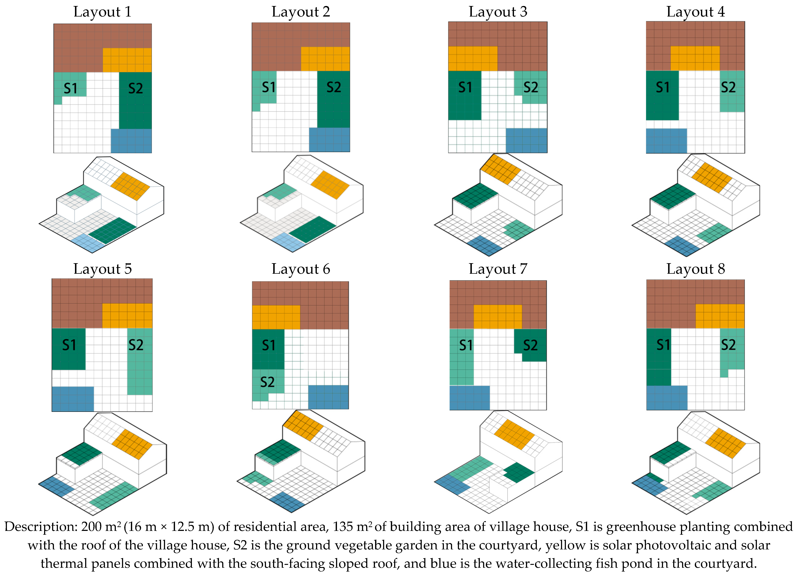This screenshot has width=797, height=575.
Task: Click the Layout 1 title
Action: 102,12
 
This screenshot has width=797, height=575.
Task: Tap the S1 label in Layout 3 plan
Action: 465,87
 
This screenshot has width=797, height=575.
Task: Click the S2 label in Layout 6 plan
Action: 267,382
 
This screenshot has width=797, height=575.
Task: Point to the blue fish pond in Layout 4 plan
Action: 666,141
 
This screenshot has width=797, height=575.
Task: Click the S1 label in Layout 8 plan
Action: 663,345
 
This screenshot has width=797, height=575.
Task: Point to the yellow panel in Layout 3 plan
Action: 473,59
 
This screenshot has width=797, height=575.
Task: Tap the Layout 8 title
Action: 696,269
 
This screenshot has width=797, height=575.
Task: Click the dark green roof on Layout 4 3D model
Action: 673,196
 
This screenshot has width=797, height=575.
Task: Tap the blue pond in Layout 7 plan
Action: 469,398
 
